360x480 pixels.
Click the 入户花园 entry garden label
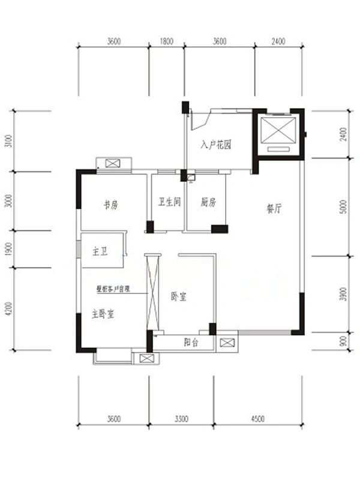(x=216, y=145)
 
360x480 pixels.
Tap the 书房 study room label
(x=110, y=205)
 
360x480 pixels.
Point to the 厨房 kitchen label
(x=208, y=203)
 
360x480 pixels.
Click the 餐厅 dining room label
(x=274, y=209)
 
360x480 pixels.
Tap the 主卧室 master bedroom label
(x=103, y=313)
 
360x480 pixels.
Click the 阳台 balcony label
(x=191, y=343)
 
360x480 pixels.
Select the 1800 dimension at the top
(x=167, y=41)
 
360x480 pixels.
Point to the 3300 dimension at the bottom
(x=181, y=418)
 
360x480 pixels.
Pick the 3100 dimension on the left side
(x=8, y=141)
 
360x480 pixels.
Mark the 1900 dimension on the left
(x=8, y=249)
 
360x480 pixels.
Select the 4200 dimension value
(x=8, y=309)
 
